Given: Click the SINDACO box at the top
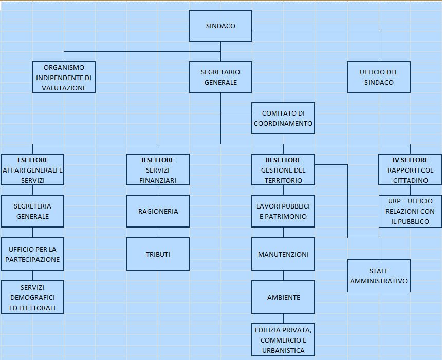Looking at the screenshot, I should click(220, 26).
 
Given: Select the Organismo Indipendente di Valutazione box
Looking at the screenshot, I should click(64, 78).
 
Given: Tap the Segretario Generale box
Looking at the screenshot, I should click(220, 78).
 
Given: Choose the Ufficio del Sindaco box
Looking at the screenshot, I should click(379, 78).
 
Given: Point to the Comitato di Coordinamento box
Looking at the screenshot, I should click(283, 118).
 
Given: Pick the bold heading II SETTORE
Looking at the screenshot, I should click(158, 160).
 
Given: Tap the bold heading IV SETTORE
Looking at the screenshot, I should click(410, 160).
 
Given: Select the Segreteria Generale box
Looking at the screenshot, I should click(32, 211).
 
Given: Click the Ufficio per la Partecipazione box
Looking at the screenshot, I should click(32, 254).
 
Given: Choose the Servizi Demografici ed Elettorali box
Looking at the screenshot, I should click(32, 297).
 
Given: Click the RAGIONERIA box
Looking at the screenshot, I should click(158, 211).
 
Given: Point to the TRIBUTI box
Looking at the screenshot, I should click(158, 254).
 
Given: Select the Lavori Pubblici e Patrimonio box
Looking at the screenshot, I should click(283, 211).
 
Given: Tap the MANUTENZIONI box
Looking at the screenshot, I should click(283, 254).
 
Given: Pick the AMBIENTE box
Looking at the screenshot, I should click(283, 297).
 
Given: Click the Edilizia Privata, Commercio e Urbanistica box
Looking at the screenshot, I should click(283, 339).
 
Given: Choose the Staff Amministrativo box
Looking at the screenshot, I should click(379, 276).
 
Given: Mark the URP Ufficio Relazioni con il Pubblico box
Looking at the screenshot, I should click(410, 211).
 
